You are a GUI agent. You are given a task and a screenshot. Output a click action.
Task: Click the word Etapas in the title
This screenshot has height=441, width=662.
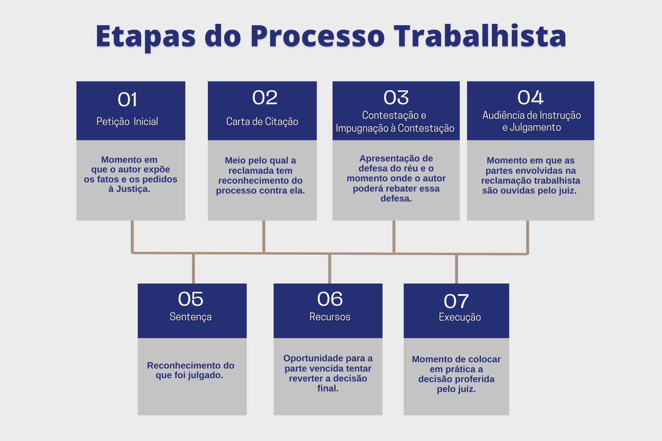pyautogui.click(x=146, y=36)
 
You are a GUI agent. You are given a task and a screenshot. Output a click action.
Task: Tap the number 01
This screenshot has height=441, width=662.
pyautogui.click(x=127, y=100)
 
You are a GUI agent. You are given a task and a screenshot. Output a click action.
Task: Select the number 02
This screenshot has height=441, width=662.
pyautogui.click(x=265, y=98)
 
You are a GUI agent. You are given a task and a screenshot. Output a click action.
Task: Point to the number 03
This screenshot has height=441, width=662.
pyautogui.click(x=396, y=98)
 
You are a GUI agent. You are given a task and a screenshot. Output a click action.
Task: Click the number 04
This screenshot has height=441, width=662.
pyautogui.click(x=530, y=98)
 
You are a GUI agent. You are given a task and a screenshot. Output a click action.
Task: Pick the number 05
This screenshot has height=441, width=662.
pyautogui.click(x=191, y=299)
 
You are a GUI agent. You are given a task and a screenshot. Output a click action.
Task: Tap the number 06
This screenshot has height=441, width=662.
pyautogui.click(x=330, y=299)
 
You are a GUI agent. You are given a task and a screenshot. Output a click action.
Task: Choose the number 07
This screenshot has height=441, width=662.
pyautogui.click(x=456, y=301)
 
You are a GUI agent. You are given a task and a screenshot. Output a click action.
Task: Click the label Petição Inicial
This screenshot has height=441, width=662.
pyautogui.click(x=127, y=121)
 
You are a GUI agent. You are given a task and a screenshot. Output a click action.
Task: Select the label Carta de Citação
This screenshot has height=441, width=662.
pyautogui.click(x=262, y=121)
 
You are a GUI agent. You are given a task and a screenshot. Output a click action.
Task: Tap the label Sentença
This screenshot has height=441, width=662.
pyautogui.click(x=191, y=317)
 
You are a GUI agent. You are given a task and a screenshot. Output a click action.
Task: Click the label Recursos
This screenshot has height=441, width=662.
pyautogui.click(x=330, y=317)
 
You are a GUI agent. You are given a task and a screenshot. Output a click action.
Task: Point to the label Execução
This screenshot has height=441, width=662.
pyautogui.click(x=460, y=317)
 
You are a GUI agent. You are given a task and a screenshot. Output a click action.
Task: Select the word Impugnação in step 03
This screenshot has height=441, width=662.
pyautogui.click(x=362, y=128)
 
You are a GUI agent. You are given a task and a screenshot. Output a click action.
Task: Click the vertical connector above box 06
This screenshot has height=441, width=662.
pyautogui.click(x=330, y=269)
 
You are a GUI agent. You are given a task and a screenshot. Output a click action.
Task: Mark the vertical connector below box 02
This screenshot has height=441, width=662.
pyautogui.click(x=264, y=237)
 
